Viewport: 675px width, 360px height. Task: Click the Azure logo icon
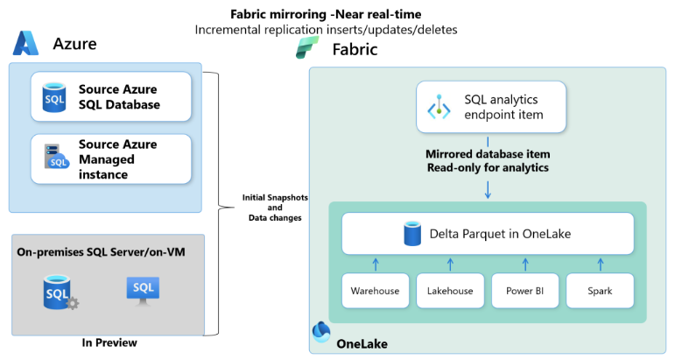(x=26, y=44)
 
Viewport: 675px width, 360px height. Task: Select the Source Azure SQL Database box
(x=111, y=96)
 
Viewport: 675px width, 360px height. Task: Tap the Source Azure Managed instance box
(x=111, y=159)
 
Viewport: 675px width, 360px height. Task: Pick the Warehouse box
(x=375, y=291)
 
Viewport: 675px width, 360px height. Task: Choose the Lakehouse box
(x=450, y=291)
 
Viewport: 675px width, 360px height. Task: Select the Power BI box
(x=524, y=291)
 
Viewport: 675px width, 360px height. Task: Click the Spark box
(x=600, y=291)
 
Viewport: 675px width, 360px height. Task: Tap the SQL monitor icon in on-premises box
(x=143, y=289)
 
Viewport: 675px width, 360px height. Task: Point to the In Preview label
(x=109, y=342)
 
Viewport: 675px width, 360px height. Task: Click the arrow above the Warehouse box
(x=375, y=263)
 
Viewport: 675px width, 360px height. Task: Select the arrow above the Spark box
(x=600, y=263)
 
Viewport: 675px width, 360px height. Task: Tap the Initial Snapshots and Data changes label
(x=271, y=207)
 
